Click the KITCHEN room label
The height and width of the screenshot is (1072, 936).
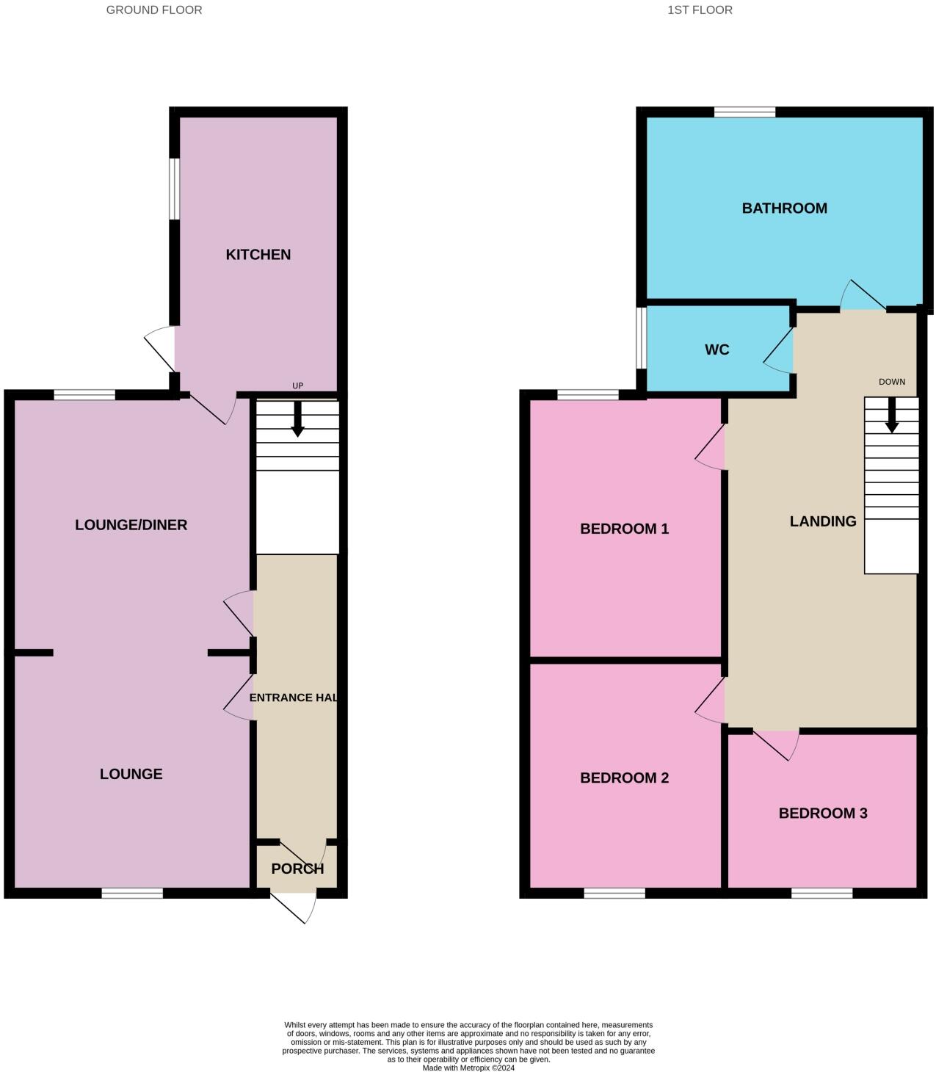coord(258,255)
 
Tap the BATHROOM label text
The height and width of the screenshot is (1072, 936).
coord(784,209)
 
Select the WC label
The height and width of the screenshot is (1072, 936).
coord(716,350)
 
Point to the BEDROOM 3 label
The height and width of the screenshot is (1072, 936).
coord(822,814)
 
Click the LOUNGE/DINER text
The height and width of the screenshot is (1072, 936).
coord(131,525)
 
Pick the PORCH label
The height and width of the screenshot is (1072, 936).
coord(297,869)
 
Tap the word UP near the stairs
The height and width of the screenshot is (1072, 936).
coord(297,386)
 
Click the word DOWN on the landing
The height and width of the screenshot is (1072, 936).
coord(892,382)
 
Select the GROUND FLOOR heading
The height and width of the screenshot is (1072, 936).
coord(154,10)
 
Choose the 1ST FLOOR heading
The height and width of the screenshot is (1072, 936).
coord(700,10)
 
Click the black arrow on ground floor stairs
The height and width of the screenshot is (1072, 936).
coord(297,419)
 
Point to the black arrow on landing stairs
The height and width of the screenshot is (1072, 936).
coord(892,416)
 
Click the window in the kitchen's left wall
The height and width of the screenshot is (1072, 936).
coord(175,189)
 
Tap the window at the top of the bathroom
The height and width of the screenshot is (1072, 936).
coord(744,112)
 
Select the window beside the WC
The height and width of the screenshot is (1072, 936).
coord(642,337)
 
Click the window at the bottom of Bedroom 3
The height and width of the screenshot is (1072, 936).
coord(821,893)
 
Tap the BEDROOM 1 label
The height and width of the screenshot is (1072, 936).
coord(624,529)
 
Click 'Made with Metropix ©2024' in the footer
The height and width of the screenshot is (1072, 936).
coord(468,1068)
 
